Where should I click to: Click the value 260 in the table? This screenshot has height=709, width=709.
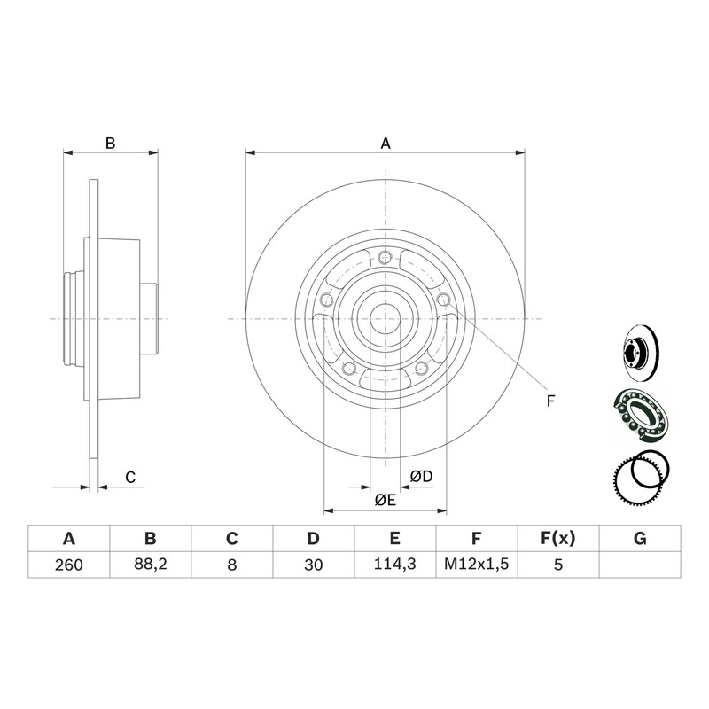[x=69, y=565]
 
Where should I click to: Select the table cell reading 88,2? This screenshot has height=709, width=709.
[x=150, y=565]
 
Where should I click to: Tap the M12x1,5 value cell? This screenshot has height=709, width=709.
[x=477, y=565]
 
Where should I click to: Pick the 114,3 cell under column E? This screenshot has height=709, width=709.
[x=394, y=565]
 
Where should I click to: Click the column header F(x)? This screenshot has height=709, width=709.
[x=558, y=539]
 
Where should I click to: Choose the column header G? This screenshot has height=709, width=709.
[x=640, y=539]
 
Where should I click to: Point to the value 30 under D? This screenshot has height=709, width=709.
[x=314, y=565]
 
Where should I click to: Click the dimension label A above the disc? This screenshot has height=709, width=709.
[x=386, y=144]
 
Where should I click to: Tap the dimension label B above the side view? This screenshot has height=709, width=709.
[x=110, y=144]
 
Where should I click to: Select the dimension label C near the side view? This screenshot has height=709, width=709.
[x=130, y=478]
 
